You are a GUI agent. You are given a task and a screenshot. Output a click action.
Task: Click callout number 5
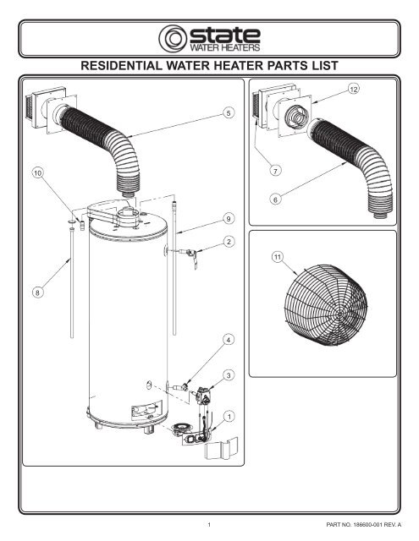(x=229, y=112)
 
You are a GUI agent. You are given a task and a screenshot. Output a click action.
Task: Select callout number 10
(x=38, y=172)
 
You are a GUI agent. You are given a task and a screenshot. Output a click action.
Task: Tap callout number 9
(x=229, y=218)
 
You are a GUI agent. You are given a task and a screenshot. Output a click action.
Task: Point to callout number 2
(x=229, y=242)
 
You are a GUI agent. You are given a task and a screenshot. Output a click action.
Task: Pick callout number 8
(x=37, y=292)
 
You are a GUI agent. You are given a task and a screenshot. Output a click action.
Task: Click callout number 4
(x=228, y=340)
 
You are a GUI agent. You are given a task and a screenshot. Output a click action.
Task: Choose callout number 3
(x=228, y=375)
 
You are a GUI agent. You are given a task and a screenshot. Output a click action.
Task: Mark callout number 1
(x=229, y=417)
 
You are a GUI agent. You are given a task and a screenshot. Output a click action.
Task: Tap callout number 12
(x=353, y=89)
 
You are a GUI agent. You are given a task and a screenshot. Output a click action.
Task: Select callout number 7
(x=275, y=171)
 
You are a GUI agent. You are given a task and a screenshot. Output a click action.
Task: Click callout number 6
(x=275, y=199)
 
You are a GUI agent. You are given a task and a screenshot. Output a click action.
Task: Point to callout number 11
(x=278, y=257)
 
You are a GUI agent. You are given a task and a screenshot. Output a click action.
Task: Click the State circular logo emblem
(x=173, y=39)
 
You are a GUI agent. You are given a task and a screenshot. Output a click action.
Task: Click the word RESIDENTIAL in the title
(x=121, y=65)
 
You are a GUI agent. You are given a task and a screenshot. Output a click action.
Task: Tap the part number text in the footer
(x=364, y=524)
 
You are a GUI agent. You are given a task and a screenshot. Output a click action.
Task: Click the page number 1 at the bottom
(x=209, y=524)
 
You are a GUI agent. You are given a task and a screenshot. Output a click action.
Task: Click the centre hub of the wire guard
(x=339, y=314)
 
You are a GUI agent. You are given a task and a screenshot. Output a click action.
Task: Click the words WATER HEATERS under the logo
(x=225, y=47)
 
